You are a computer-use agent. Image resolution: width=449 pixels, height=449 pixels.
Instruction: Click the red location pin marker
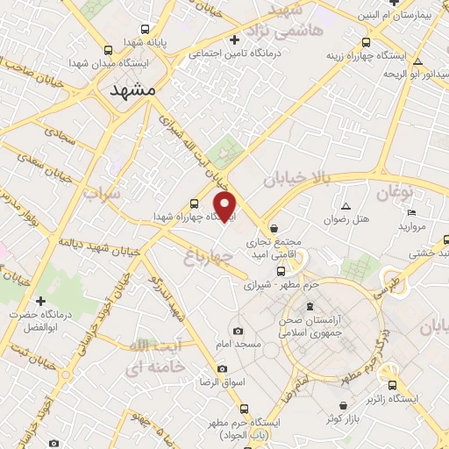pos(226,207)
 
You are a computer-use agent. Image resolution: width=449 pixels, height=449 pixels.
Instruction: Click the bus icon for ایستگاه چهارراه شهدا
pos(195,204)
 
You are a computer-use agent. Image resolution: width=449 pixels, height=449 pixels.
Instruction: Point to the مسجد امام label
pos(240,345)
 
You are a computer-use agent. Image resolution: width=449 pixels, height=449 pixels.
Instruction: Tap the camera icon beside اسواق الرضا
pos(222,368)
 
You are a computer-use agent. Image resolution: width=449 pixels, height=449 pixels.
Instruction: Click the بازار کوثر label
pos(345,418)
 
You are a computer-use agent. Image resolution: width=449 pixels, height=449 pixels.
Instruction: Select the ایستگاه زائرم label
pos(418,398)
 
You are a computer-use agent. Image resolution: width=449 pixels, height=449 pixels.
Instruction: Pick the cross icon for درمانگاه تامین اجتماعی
pos(234,39)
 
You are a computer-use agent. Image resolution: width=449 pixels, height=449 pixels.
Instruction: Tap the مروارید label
pos(411,226)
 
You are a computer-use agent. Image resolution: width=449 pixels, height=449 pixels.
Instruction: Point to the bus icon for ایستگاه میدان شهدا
pos(108,50)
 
